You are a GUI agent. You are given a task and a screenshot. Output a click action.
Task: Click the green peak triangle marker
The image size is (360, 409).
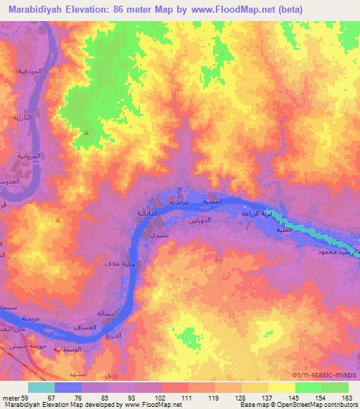(86, 132)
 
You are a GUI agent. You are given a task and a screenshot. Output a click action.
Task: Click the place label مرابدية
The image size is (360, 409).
(176, 202)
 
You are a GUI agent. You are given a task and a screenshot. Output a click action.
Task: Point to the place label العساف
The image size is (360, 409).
(84, 327)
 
